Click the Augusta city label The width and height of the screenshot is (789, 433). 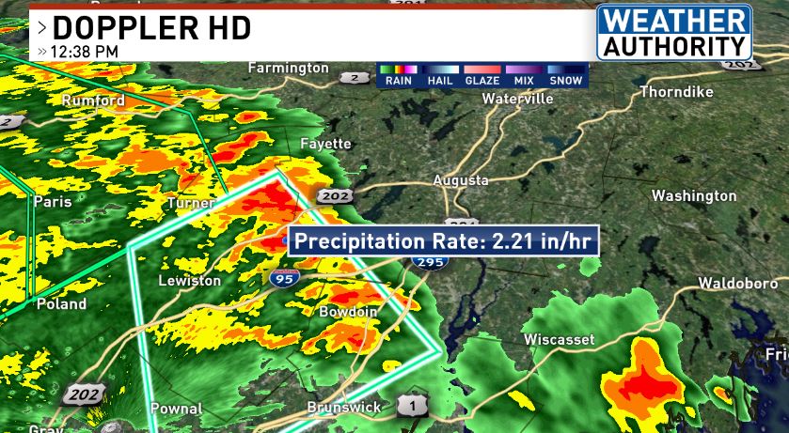tap(460, 179)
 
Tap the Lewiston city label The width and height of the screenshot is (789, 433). tap(189, 281)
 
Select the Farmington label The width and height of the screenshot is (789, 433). tap(288, 68)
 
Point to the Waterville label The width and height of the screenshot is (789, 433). tap(517, 98)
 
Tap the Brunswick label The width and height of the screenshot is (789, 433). tap(344, 408)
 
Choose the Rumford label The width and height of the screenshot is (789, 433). tap(93, 100)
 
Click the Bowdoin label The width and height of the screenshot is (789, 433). tap(348, 311)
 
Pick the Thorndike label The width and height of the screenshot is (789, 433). tap(676, 92)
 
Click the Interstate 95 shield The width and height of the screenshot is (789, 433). tap(281, 277)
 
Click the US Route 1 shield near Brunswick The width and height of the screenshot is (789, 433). tap(407, 403)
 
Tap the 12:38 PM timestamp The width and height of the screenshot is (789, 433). tap(85, 50)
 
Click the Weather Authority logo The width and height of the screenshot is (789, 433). tap(673, 33)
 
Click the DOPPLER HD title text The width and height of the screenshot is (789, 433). tap(151, 26)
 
